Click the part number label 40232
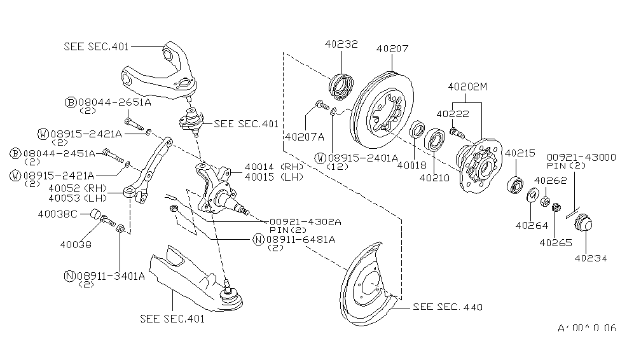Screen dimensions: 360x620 coord(341,45)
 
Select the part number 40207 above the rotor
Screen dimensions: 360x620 coord(392,48)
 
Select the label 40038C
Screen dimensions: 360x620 coord(67,214)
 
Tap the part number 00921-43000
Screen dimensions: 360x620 coord(582,156)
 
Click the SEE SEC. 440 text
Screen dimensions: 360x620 coord(448,307)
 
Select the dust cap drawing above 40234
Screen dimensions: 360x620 coord(583,225)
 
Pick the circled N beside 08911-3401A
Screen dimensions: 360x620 coord(69,275)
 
